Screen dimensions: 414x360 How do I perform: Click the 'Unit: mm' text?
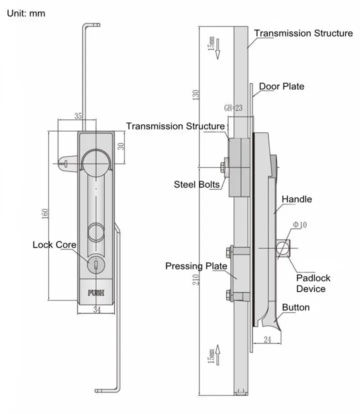click(26, 13)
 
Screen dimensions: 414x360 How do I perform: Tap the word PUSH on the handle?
click(96, 293)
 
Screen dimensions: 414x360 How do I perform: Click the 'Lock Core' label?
click(54, 244)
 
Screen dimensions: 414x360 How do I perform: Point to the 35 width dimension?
click(78, 116)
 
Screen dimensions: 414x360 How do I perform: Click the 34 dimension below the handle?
click(96, 310)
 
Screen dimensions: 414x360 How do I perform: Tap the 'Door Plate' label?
click(281, 86)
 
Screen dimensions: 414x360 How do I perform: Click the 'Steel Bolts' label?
click(197, 184)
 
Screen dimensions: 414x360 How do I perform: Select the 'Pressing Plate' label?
click(196, 266)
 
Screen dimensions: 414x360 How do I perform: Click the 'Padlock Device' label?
click(313, 283)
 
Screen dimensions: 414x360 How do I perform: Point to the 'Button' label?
click(296, 307)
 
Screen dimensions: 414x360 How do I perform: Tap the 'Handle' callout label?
click(296, 199)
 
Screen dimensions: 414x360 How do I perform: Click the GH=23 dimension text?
click(233, 107)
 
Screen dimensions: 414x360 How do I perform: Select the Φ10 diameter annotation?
click(300, 225)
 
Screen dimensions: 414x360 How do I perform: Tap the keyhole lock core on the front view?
click(95, 264)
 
